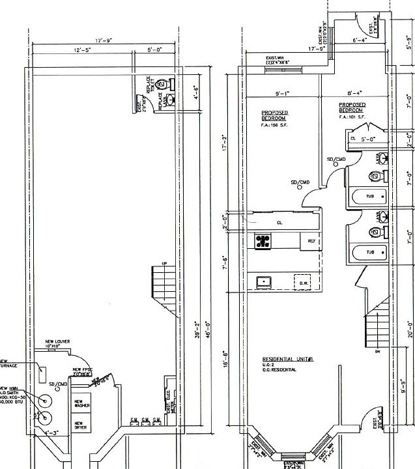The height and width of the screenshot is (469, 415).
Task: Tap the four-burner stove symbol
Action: [x=263, y=242]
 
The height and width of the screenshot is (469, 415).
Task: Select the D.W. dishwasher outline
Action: [x=303, y=283]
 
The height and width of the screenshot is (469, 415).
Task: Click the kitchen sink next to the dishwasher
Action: [x=264, y=282]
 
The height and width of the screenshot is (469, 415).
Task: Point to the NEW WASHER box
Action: [x=83, y=404]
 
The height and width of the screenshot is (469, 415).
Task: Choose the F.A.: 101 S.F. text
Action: [x=352, y=117]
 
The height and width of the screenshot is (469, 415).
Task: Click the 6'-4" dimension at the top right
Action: [x=359, y=58]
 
